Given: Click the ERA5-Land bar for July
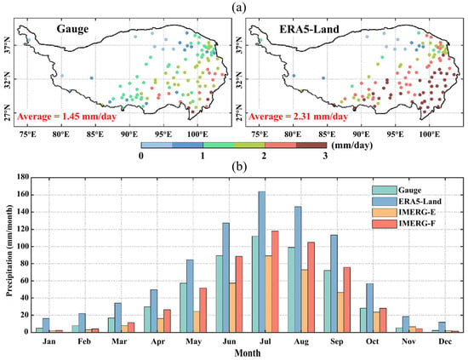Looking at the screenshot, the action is pyautogui.click(x=262, y=262).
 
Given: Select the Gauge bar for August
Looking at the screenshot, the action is pyautogui.click(x=291, y=289).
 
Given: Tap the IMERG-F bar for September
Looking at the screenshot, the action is pyautogui.click(x=346, y=300).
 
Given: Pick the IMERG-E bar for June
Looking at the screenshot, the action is pyautogui.click(x=232, y=307).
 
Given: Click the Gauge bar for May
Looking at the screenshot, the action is pyautogui.click(x=183, y=307).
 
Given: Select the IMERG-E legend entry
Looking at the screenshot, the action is pyautogui.click(x=403, y=212).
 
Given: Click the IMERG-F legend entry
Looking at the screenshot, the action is pyautogui.click(x=403, y=224).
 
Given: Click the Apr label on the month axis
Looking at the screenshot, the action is pyautogui.click(x=157, y=341).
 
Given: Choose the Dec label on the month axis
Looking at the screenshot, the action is pyautogui.click(x=445, y=341).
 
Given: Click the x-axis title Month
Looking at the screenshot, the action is pyautogui.click(x=248, y=353).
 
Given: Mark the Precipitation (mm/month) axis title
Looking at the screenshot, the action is pyautogui.click(x=9, y=250).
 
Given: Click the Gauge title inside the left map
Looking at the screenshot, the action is pyautogui.click(x=72, y=29).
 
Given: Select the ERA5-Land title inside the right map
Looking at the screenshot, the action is pyautogui.click(x=309, y=29).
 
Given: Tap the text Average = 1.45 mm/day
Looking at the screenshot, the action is pyautogui.click(x=66, y=117).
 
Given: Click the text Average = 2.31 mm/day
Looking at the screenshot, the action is pyautogui.click(x=298, y=117).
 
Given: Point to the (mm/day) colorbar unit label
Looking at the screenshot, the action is pyautogui.click(x=351, y=146).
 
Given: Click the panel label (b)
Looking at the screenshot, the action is pyautogui.click(x=239, y=167).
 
